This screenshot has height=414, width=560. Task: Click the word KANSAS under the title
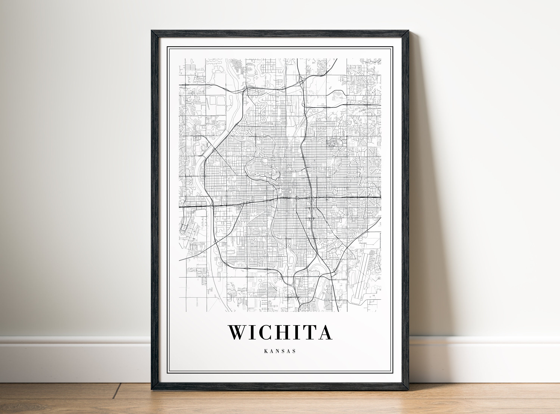pos(280,351)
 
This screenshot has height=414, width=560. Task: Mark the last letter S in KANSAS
pos(294,351)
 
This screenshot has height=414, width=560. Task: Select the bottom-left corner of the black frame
pos(152,390)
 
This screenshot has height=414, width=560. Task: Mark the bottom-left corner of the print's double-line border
pos(168,372)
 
